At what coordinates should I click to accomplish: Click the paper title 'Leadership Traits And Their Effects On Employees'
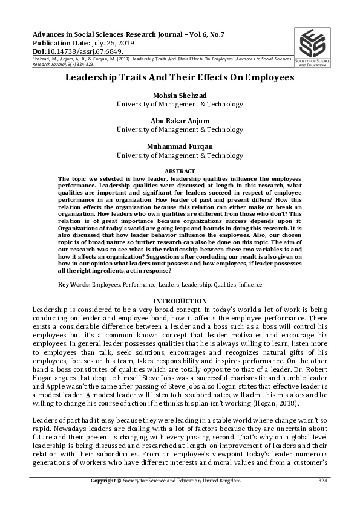coord(180,78)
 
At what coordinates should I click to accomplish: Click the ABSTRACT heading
coord(180,172)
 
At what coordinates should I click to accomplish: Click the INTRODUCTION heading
coord(180,301)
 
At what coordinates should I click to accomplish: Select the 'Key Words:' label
coord(74,284)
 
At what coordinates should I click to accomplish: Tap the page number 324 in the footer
coord(322,481)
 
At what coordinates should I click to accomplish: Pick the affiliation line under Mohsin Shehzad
coord(180,103)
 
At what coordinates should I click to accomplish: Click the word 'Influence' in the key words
coord(252,284)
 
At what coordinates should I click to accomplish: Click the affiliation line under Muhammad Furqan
coord(180,155)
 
